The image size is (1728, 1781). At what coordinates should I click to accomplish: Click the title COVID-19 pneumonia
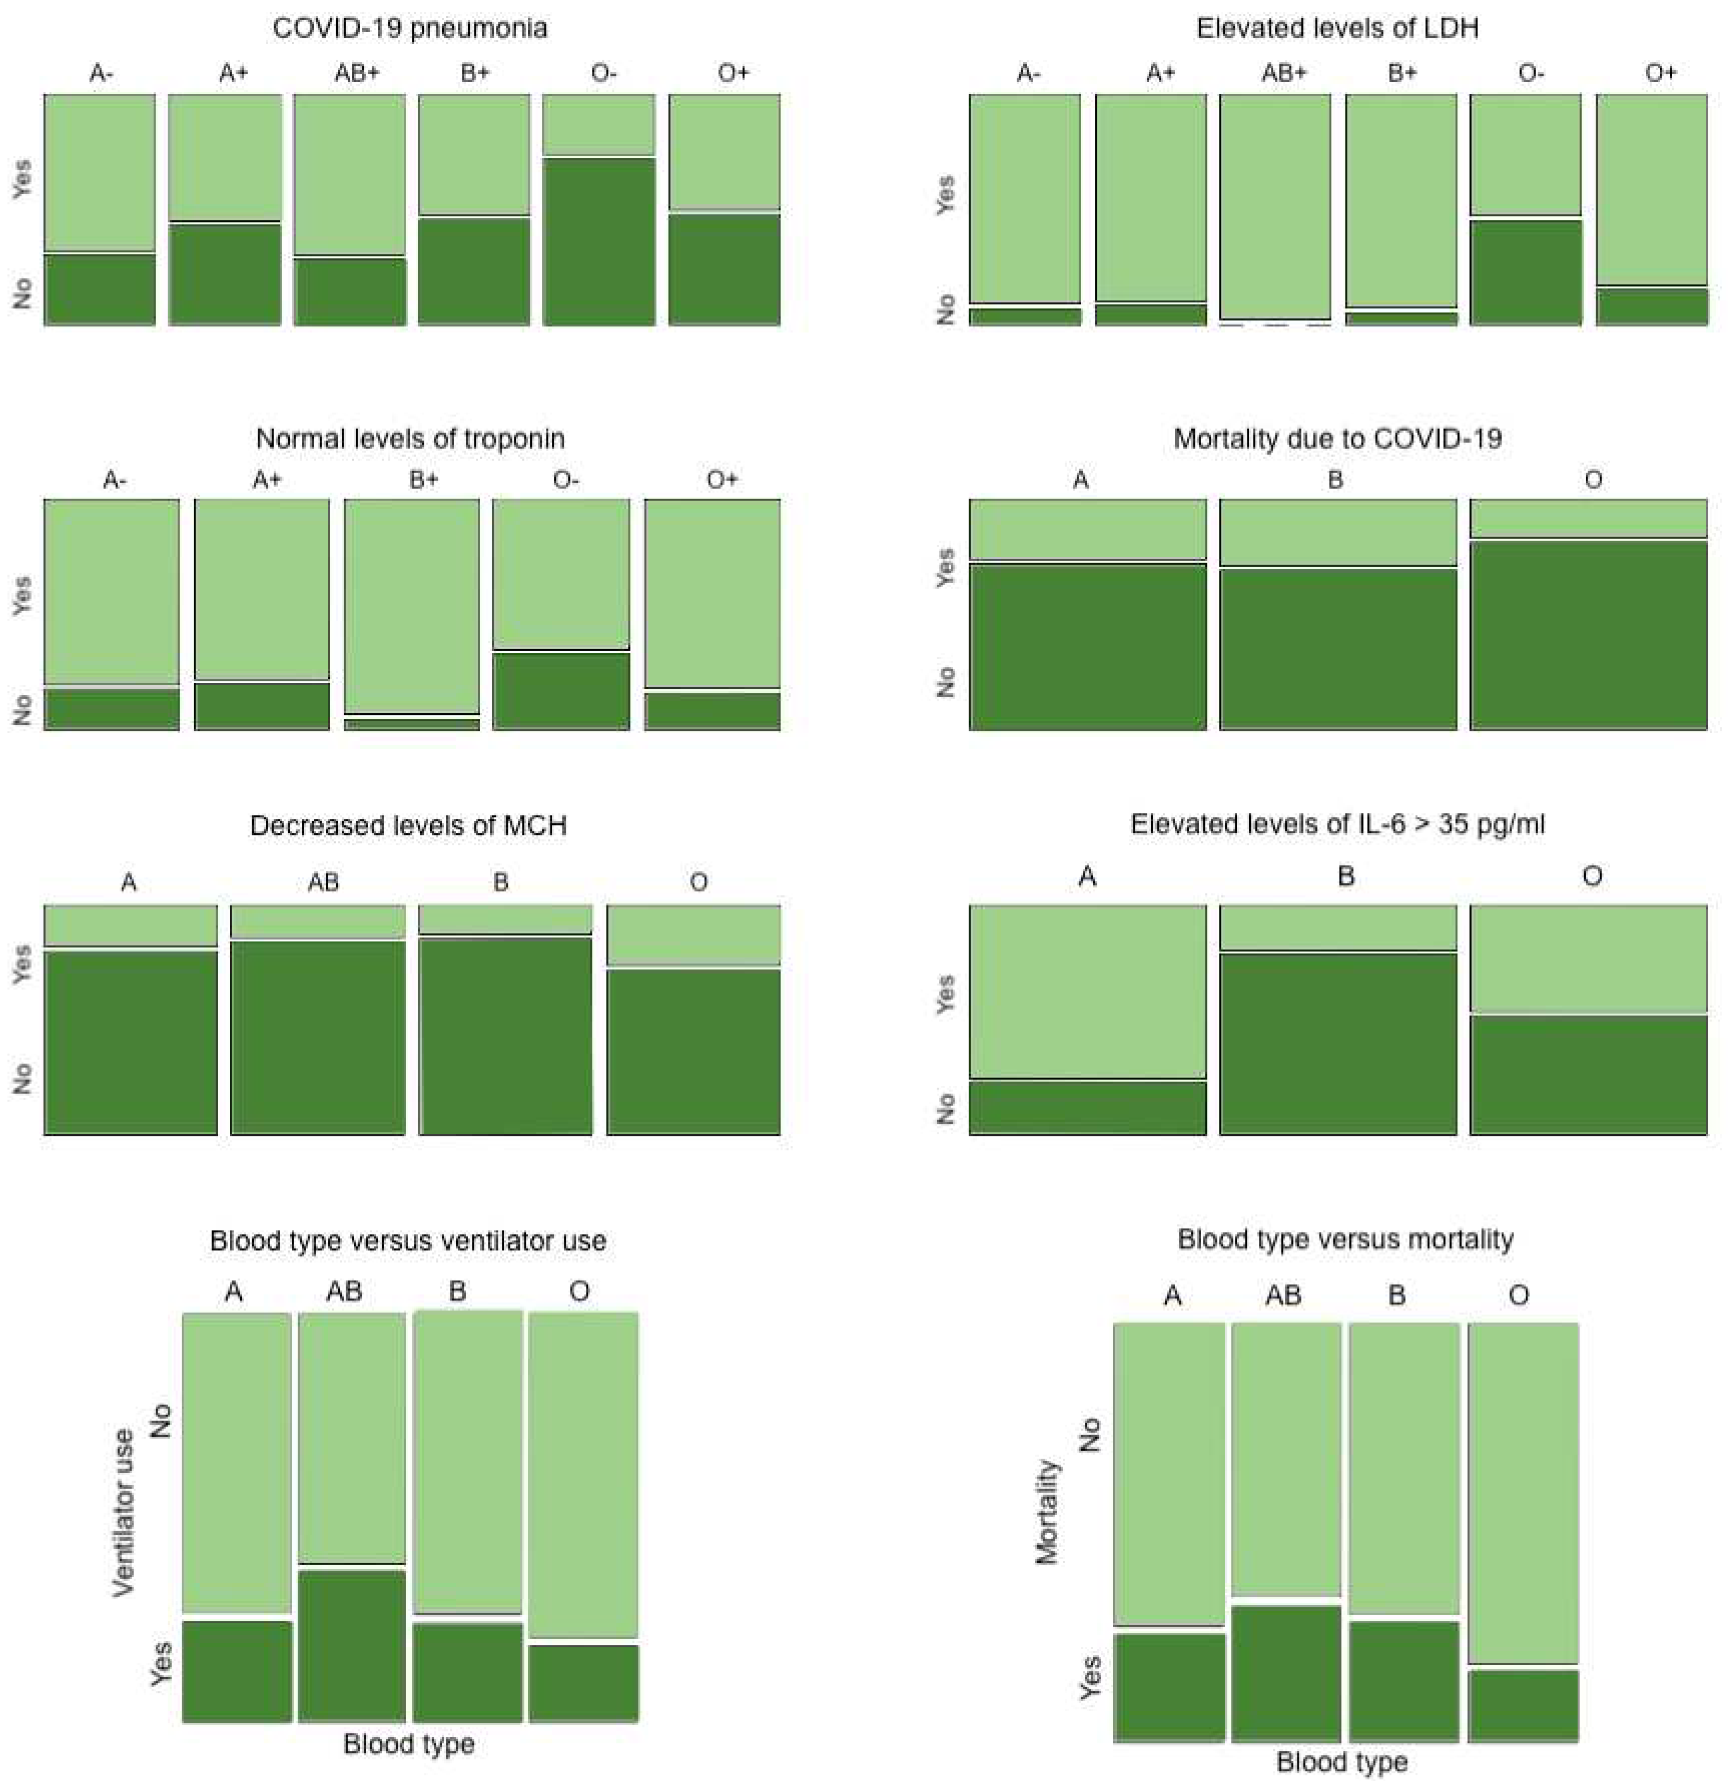pos(410,28)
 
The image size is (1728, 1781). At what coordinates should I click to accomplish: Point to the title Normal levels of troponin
pos(410,439)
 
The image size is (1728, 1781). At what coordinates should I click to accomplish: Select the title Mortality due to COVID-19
pos(1337,439)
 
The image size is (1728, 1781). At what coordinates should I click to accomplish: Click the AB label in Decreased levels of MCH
pos(323,882)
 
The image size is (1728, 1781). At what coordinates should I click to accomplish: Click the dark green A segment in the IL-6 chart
pos(1087,1108)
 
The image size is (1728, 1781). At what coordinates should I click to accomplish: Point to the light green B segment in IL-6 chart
pos(1337,927)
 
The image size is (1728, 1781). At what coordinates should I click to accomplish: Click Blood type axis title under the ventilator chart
pos(409,1744)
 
